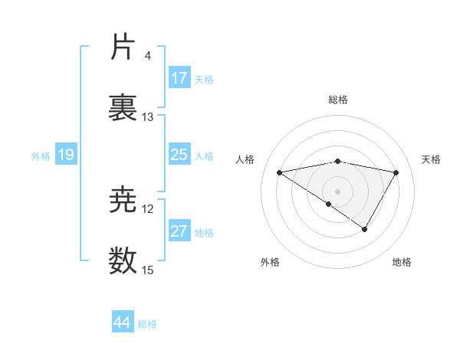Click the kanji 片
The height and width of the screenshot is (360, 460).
tap(123, 47)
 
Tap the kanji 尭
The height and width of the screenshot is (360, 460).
tap(123, 201)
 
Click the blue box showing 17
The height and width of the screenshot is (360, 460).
tap(179, 78)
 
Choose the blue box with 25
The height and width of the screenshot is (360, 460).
tap(179, 155)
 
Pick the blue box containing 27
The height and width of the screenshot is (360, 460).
tap(179, 231)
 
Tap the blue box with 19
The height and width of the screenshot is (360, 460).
tap(65, 155)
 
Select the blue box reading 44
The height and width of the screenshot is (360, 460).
tap(123, 322)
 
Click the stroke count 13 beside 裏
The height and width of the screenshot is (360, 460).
tap(148, 117)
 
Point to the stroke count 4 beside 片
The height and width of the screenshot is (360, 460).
tap(147, 56)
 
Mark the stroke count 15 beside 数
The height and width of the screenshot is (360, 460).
tap(148, 270)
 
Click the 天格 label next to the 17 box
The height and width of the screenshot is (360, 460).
tap(204, 79)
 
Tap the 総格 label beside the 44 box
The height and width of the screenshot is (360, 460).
tap(147, 324)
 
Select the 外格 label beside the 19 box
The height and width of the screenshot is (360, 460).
tap(41, 156)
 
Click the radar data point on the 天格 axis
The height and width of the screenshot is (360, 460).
tap(396, 172)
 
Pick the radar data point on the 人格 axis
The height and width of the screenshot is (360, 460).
tap(279, 172)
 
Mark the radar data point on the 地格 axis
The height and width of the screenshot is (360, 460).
tap(365, 229)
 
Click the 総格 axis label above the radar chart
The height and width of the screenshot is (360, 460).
tap(338, 100)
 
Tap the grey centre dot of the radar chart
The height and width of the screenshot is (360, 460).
tap(337, 190)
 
